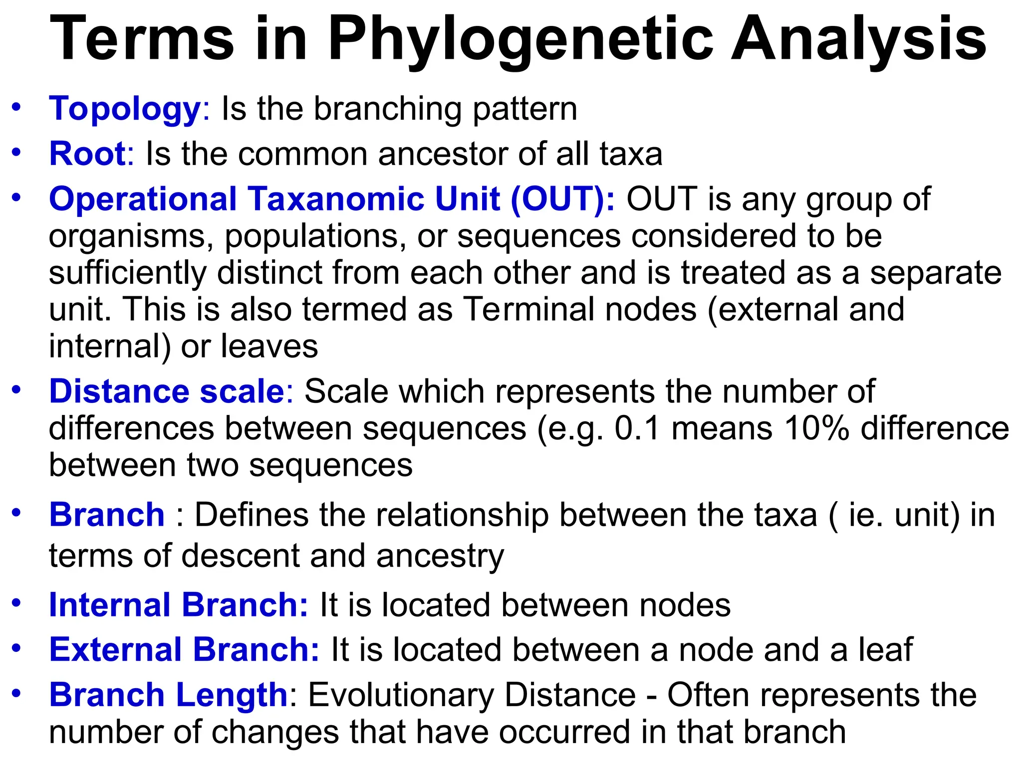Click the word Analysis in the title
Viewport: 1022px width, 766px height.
point(858,40)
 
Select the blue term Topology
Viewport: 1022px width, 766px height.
point(125,109)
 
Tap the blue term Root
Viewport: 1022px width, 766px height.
point(87,154)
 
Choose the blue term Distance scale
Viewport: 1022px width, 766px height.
point(167,391)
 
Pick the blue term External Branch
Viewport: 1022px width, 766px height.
point(184,650)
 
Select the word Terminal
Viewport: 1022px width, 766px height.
point(529,309)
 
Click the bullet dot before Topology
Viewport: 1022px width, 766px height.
point(17,107)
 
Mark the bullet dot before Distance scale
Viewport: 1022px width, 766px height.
point(17,389)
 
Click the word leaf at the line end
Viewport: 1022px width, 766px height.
point(885,650)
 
